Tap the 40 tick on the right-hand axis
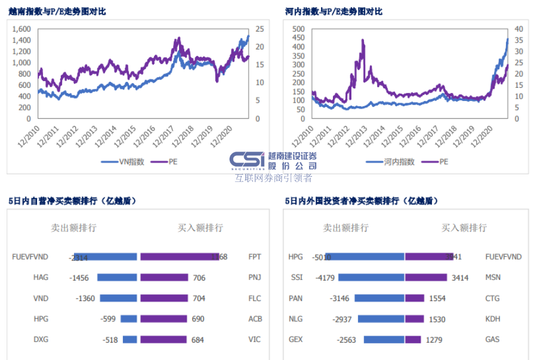point(518,29)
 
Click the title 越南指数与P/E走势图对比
point(57,11)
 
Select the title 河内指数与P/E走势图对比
point(334,11)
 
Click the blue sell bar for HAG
point(117,278)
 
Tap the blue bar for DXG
point(129,340)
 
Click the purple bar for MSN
point(426,278)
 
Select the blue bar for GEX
point(384,340)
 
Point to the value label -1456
point(79,278)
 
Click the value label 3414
point(460,278)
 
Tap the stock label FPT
point(255,257)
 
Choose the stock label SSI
point(297,278)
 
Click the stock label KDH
point(493,319)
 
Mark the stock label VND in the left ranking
point(41,299)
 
